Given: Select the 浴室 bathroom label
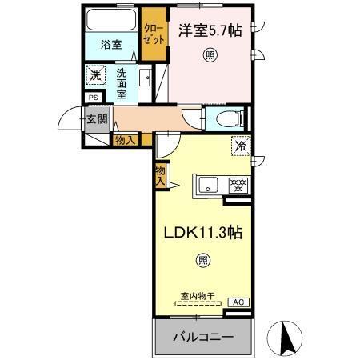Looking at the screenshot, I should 111,46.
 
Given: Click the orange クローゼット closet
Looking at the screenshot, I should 154,34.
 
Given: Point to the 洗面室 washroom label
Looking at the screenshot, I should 122,82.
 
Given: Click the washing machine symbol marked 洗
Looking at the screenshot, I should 95,76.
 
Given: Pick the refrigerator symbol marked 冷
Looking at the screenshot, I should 240,146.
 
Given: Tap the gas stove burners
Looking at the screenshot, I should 238,184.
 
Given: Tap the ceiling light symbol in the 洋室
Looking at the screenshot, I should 210,56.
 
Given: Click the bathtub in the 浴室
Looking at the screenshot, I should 111,19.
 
